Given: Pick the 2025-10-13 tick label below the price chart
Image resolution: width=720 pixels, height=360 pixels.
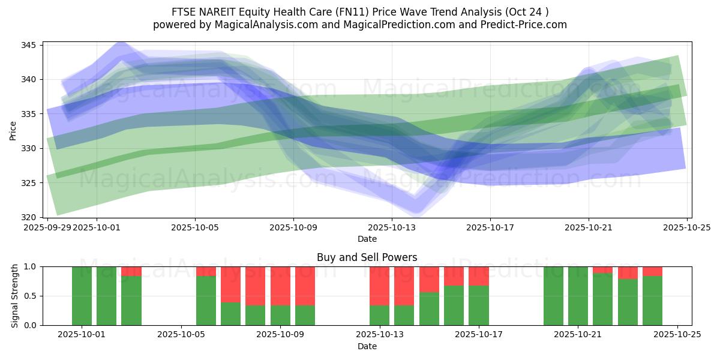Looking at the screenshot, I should (392, 227).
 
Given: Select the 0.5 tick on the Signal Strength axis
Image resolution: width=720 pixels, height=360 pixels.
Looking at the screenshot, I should (31, 296).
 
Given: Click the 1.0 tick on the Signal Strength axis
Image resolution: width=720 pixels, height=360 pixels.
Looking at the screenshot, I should (31, 266).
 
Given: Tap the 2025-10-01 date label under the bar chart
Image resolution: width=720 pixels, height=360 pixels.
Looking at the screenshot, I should (82, 335).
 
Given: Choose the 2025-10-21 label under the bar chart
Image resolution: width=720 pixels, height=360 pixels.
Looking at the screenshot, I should (578, 335).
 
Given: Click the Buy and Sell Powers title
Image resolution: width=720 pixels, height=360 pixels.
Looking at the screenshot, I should (367, 257).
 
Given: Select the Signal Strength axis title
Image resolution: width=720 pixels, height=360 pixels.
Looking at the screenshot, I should (15, 296).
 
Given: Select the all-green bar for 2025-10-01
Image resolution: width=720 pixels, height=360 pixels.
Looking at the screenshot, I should (82, 296).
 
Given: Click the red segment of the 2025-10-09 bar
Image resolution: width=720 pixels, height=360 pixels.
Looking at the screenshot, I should (280, 286).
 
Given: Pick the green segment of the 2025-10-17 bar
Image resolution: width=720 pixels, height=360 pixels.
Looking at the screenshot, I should (479, 305).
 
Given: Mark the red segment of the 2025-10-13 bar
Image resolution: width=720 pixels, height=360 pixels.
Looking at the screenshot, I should (379, 286).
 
